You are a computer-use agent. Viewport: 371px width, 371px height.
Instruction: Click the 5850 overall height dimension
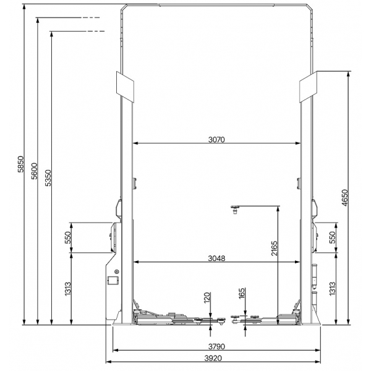click(x=21, y=164)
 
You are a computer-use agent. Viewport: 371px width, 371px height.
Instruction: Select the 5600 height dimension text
click(x=34, y=171)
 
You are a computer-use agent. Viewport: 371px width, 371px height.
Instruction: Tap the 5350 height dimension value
click(x=48, y=178)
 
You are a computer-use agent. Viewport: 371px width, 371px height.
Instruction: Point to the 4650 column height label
click(x=345, y=198)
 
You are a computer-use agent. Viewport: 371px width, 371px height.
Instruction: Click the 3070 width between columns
click(x=216, y=140)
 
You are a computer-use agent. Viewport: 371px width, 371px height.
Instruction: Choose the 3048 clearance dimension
click(x=216, y=258)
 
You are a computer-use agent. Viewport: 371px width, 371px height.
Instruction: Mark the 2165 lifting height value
click(x=274, y=249)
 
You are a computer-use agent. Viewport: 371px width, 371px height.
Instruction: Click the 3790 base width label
click(x=216, y=347)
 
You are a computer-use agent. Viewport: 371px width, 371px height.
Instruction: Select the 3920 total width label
click(x=213, y=359)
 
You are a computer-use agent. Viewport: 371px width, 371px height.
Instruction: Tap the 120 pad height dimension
click(x=207, y=297)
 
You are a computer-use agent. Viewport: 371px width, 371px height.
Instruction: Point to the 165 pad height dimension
click(x=242, y=293)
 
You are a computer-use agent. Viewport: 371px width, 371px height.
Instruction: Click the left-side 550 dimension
click(x=68, y=237)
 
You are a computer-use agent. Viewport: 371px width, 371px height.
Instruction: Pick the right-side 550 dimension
click(x=333, y=237)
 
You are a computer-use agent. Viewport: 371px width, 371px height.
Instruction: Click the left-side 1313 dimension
click(x=68, y=288)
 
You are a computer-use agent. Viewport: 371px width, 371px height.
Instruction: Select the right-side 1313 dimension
click(x=333, y=288)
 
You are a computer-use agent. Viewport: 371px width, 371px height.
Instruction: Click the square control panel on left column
click(x=113, y=280)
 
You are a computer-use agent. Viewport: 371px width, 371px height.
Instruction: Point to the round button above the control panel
click(x=116, y=271)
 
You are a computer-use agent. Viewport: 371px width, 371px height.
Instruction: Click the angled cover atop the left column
click(x=125, y=87)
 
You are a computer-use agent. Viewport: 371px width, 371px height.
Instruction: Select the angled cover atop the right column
click(x=308, y=87)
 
